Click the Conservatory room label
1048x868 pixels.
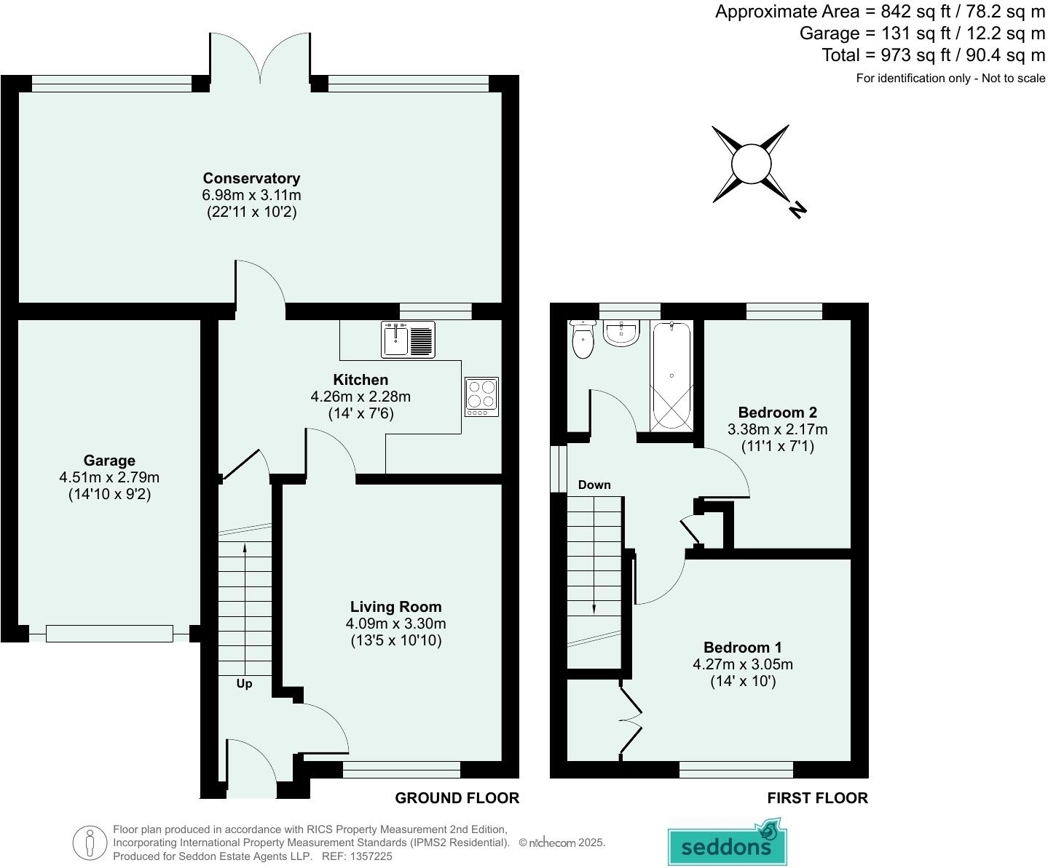pyautogui.click(x=251, y=178)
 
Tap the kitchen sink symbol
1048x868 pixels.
pyautogui.click(x=408, y=339)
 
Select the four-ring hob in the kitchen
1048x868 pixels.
pyautogui.click(x=481, y=397)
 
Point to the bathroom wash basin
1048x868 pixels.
pyautogui.click(x=621, y=333)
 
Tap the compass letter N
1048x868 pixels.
pyautogui.click(x=797, y=210)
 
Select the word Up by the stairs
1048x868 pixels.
pyautogui.click(x=244, y=684)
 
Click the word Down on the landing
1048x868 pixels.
pyautogui.click(x=594, y=485)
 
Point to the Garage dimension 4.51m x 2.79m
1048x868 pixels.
pyautogui.click(x=109, y=477)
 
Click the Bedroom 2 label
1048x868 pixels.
pyautogui.click(x=777, y=412)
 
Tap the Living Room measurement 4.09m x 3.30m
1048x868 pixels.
pyautogui.click(x=395, y=624)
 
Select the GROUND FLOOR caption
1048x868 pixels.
pyautogui.click(x=457, y=798)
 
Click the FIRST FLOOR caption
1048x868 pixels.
pyautogui.click(x=817, y=798)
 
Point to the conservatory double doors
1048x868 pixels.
pyautogui.click(x=261, y=58)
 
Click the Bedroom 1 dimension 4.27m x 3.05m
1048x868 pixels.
pyautogui.click(x=742, y=664)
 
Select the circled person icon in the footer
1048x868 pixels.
pyautogui.click(x=90, y=843)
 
